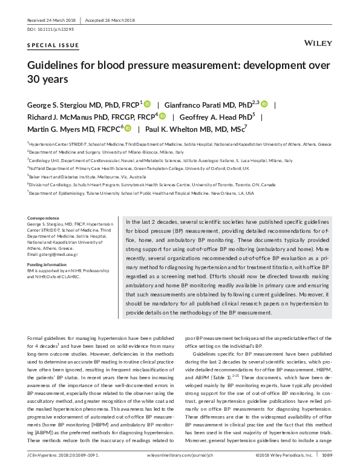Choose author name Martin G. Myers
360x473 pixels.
pyautogui.click(x=55, y=128)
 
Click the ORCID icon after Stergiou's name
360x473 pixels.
pyautogui.click(x=147, y=104)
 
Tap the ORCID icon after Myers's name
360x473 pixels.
pyautogui.click(x=128, y=128)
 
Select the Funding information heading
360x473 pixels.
pyautogui.click(x=48, y=264)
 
